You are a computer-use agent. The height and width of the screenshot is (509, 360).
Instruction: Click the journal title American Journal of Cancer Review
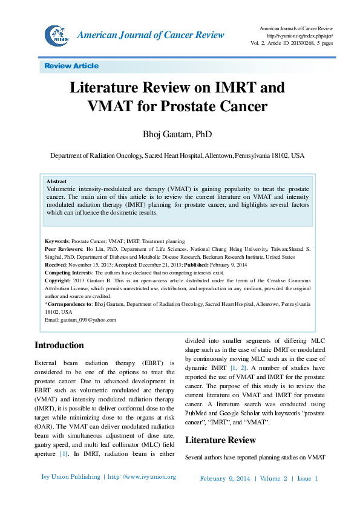click(x=151, y=35)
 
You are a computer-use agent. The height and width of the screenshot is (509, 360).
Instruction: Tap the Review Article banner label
click(x=71, y=66)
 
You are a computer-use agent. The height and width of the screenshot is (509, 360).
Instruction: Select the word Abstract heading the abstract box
click(x=56, y=181)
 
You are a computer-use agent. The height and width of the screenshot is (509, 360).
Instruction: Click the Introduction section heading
click(x=59, y=346)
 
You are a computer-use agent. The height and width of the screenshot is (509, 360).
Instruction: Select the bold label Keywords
click(x=57, y=241)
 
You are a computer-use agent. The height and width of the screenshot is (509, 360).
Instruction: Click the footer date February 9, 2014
click(x=224, y=478)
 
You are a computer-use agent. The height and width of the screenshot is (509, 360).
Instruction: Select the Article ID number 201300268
click(x=298, y=44)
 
